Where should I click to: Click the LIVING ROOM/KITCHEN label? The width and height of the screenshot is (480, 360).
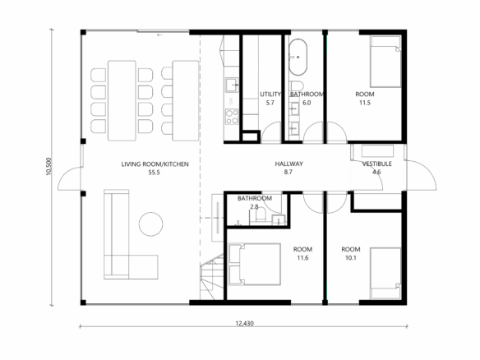(155, 164)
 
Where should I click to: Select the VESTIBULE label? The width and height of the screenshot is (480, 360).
(376, 164)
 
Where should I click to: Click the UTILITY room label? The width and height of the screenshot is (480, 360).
(270, 94)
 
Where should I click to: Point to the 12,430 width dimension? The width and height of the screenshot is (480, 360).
(244, 323)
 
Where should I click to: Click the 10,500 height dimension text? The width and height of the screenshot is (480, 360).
(48, 166)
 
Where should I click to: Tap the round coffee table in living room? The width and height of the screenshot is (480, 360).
(150, 224)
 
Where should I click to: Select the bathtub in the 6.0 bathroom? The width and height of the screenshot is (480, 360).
(298, 58)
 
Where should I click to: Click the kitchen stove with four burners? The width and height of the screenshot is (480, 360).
(232, 117)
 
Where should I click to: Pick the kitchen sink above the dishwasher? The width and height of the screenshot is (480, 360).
(232, 85)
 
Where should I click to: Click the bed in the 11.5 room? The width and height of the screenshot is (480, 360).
(385, 62)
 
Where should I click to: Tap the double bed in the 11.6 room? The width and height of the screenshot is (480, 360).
(255, 265)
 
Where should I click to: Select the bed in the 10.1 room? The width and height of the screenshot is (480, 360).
(385, 274)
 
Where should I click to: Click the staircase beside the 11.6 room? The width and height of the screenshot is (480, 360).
(212, 277)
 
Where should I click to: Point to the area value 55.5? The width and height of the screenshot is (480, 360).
(155, 173)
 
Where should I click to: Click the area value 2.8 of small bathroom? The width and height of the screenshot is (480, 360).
(255, 206)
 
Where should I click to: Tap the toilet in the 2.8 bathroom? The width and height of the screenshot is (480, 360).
(261, 214)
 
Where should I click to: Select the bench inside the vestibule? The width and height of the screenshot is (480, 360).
(377, 151)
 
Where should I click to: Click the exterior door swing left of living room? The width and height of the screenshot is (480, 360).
(70, 178)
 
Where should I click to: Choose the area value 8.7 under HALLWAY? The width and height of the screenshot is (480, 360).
(288, 172)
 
